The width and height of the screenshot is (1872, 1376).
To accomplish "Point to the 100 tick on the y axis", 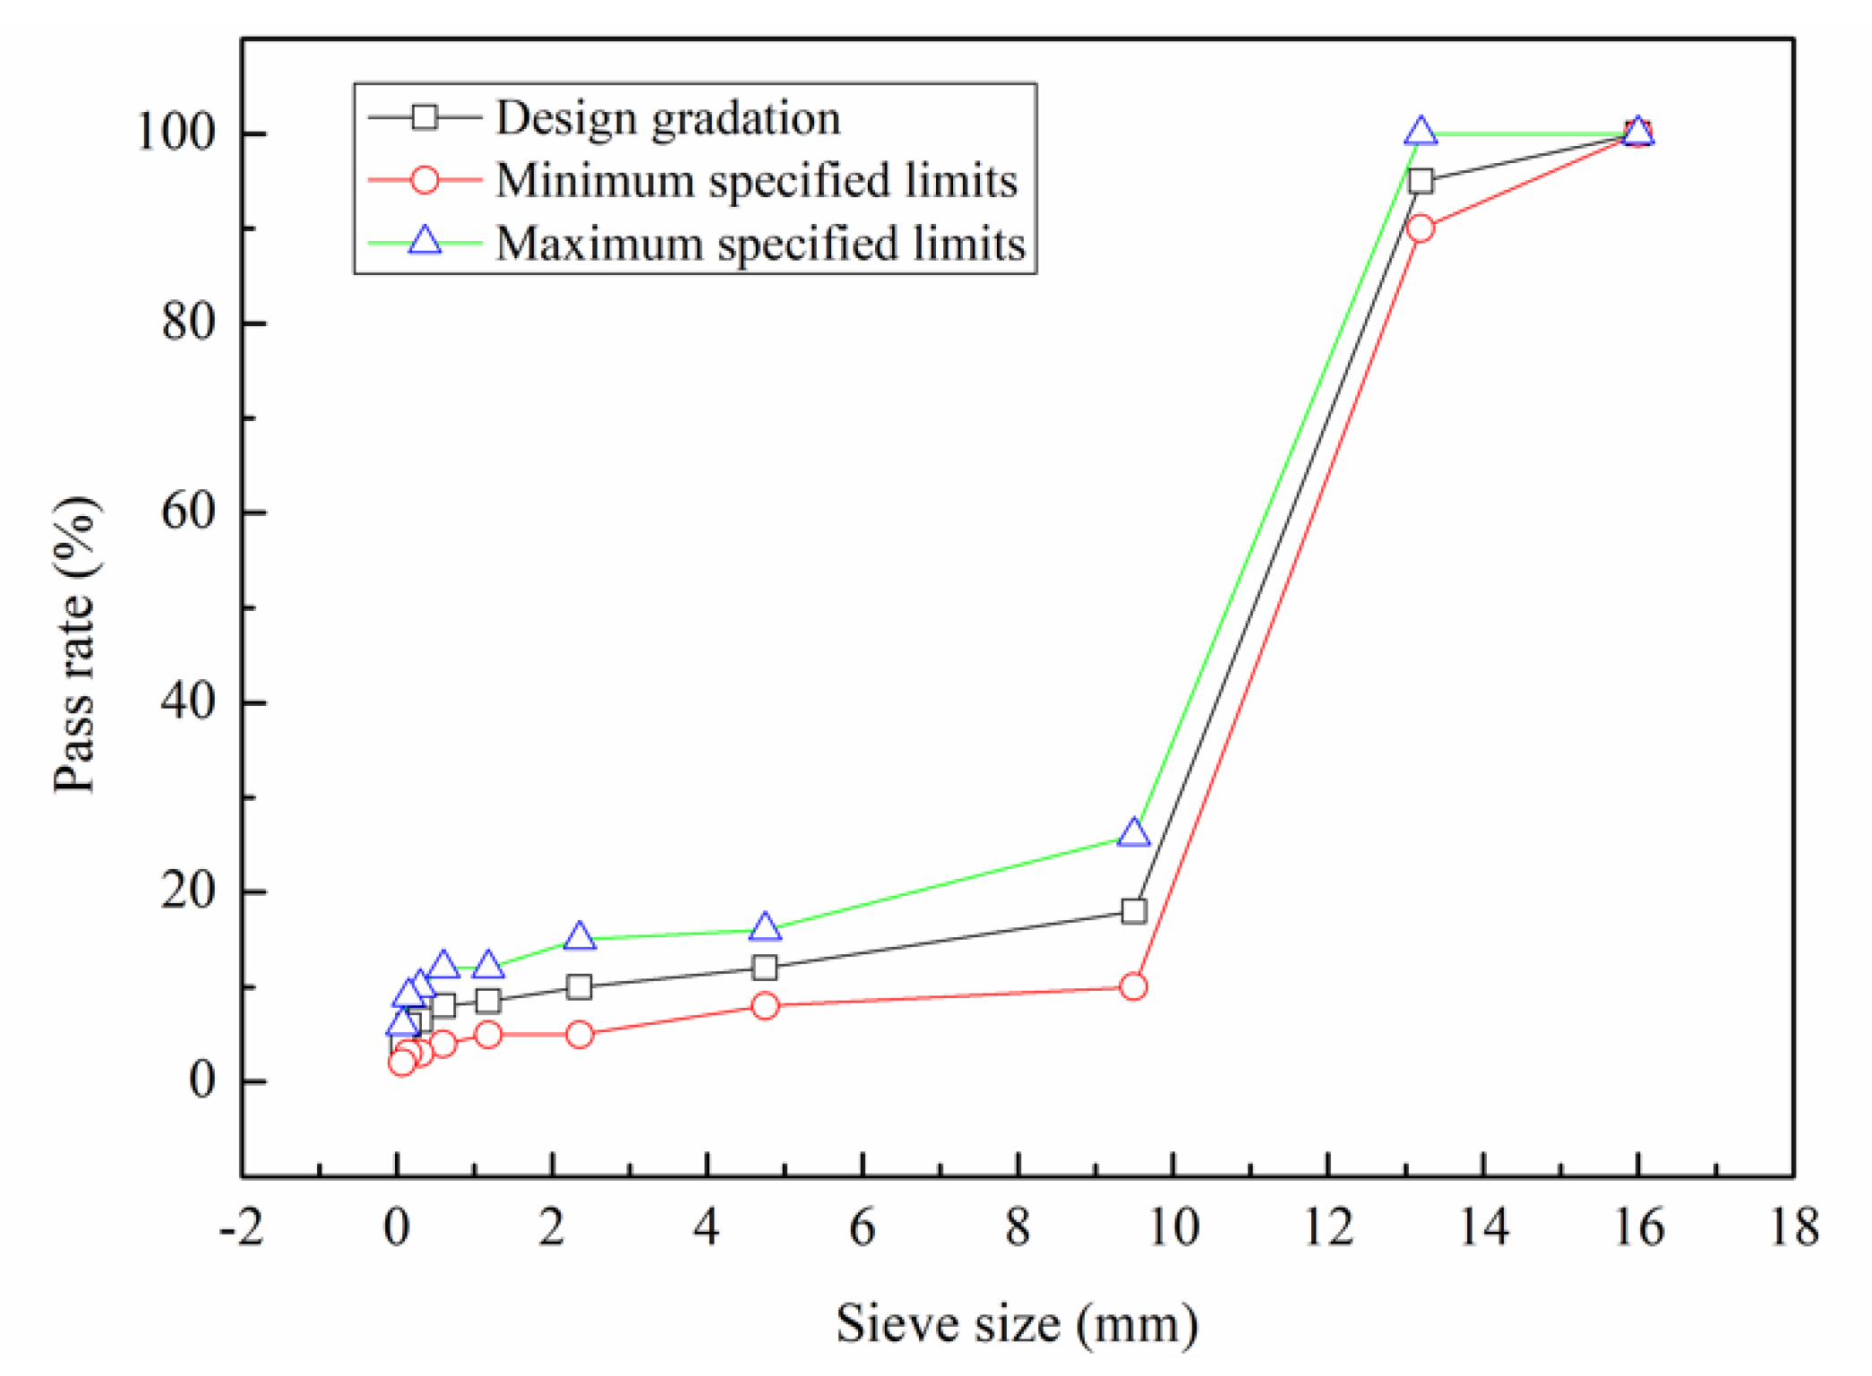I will click(x=176, y=133).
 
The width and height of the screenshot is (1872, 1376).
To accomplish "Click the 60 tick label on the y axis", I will click(x=188, y=512).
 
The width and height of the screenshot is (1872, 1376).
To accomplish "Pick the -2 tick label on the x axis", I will click(x=241, y=1227).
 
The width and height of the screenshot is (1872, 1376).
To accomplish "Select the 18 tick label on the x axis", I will click(x=1794, y=1227).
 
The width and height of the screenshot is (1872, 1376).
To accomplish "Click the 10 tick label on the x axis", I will click(x=1172, y=1227).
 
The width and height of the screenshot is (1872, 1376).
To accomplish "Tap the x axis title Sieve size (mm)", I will click(x=1017, y=1324).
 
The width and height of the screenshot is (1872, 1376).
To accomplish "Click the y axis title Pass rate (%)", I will click(x=75, y=645).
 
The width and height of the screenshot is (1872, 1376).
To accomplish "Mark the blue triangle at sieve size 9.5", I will click(x=1134, y=832).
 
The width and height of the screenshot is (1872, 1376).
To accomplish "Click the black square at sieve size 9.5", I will click(x=1134, y=911).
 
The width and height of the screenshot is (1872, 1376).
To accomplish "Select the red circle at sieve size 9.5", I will click(x=1134, y=987).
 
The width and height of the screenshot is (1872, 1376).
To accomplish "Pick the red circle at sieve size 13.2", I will click(x=1421, y=228).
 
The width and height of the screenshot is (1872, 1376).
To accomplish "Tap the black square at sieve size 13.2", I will click(x=1421, y=181).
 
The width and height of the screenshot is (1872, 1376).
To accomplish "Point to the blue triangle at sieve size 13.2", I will click(x=1421, y=132).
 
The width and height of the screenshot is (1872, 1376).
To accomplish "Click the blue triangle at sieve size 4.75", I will click(x=765, y=927).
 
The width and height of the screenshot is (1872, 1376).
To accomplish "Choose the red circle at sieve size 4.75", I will click(x=765, y=1006).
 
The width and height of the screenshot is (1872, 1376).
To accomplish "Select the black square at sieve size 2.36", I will click(x=580, y=987).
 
